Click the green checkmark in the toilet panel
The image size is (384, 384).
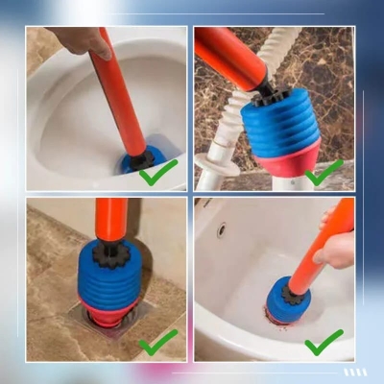pos(157,171)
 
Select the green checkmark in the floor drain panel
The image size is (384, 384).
pos(158,341)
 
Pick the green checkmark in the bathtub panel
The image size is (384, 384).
pos(324,341)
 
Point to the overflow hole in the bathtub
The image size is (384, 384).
pos(223,230)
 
